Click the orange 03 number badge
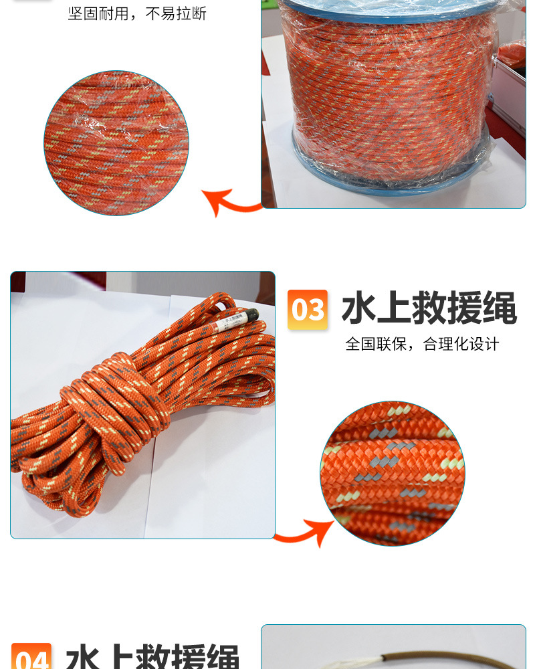click(x=308, y=310)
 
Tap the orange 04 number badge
click(x=31, y=658)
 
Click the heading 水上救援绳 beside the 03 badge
click(x=429, y=310)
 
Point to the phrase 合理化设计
click(x=461, y=345)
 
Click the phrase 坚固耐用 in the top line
click(x=98, y=13)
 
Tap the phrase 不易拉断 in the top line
click(x=177, y=13)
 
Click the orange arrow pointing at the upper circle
click(x=231, y=201)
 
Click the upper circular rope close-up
click(x=116, y=143)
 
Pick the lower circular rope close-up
click(x=393, y=473)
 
